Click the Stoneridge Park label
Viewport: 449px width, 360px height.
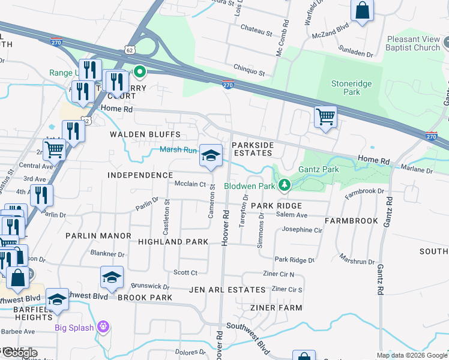tap(352, 88)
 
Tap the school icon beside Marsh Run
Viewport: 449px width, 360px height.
tap(210, 157)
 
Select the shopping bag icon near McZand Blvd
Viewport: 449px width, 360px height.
tap(362, 11)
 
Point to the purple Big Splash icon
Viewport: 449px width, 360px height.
tap(104, 327)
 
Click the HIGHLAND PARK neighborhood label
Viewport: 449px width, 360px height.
tap(173, 242)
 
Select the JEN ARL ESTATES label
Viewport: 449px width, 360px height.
tap(227, 290)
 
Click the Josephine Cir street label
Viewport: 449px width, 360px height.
tap(306, 230)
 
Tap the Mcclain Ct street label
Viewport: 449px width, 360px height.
tap(190, 185)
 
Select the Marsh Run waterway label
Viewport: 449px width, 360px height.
tap(178, 151)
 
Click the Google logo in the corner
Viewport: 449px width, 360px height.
tap(19, 353)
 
